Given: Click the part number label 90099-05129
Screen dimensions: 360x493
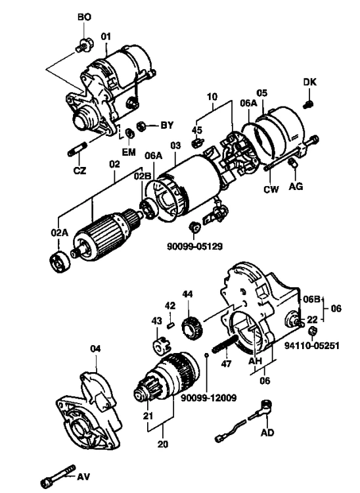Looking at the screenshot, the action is point(194,246).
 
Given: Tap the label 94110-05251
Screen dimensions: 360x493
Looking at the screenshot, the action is point(312,346).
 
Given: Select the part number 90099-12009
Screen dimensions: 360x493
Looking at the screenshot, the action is point(209,398).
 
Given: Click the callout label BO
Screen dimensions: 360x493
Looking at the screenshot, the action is point(84,17).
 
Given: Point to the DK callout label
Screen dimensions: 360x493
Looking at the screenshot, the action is point(309,82).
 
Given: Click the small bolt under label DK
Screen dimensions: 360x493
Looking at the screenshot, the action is point(308,104).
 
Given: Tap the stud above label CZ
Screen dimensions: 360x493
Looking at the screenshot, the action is point(77,149).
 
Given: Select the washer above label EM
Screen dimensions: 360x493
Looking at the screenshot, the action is point(129,133).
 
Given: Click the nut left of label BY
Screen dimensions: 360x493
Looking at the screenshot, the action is point(141,126).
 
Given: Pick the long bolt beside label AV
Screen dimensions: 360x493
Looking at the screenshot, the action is point(58,477).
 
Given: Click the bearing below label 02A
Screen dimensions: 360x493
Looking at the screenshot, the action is point(60,262).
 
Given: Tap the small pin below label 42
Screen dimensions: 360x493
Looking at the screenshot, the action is point(171,326).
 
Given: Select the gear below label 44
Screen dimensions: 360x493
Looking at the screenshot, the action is point(192,327).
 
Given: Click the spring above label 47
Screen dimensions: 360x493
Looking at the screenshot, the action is point(225,344).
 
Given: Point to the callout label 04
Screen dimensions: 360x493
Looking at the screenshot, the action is point(95,348).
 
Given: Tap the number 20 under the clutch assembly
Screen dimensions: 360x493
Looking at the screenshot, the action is point(163,444).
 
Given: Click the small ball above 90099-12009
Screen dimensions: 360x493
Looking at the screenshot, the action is point(206,355).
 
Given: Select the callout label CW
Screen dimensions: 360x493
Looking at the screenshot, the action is point(271,189).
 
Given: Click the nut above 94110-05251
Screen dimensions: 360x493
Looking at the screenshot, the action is point(312,331).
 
